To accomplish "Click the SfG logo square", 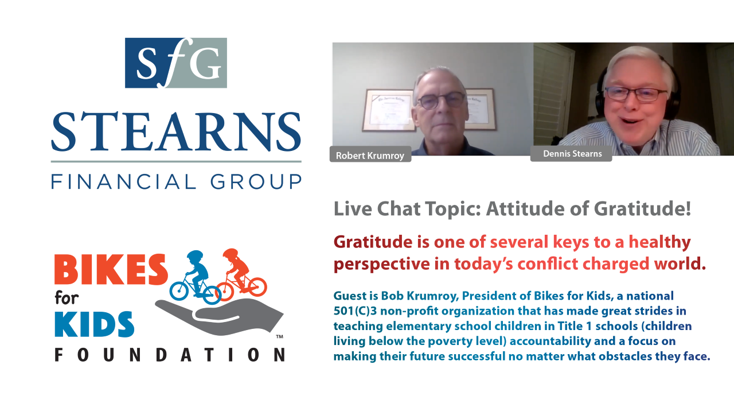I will pos(176,63).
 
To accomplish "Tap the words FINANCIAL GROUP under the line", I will pos(176,181).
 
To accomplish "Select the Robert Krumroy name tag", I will pos(370,156).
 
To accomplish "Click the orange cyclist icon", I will pos(240,273).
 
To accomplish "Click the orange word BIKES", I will pos(111,269).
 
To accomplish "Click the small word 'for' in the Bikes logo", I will pos(67,298).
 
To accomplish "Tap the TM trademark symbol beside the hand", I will pos(280,336).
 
